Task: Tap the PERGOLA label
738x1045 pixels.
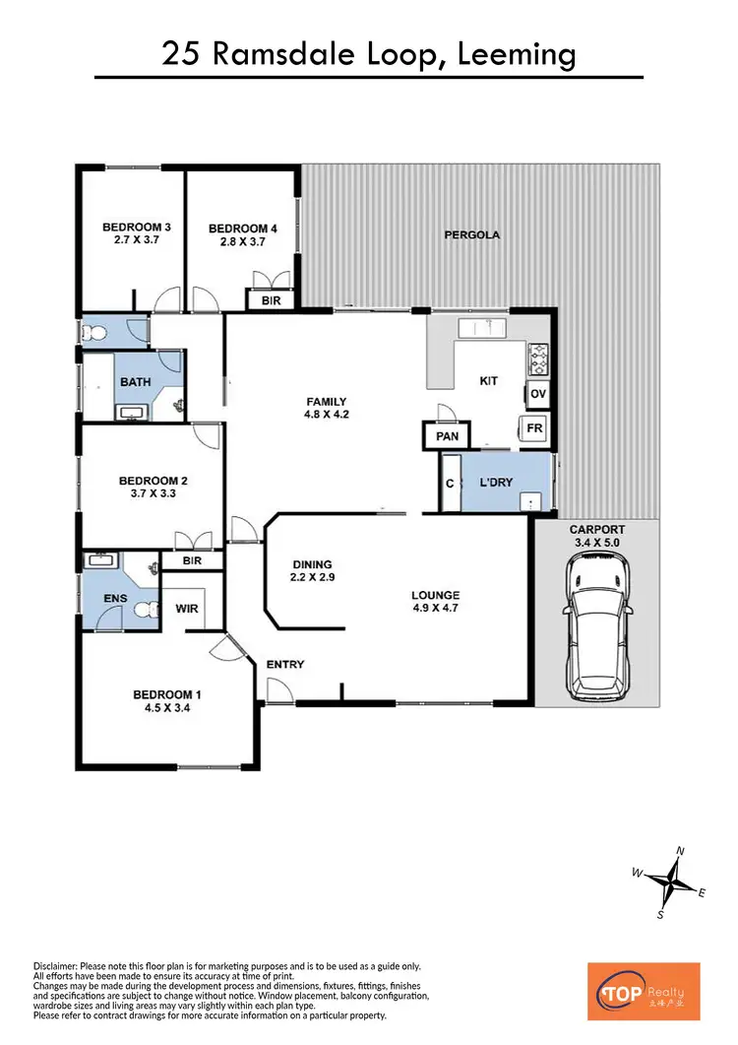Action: pyautogui.click(x=471, y=235)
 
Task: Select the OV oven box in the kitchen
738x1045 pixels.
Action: pyautogui.click(x=537, y=394)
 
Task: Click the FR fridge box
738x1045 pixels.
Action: pyautogui.click(x=534, y=428)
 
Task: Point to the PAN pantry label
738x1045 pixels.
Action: pyautogui.click(x=447, y=435)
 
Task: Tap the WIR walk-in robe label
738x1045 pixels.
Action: pyautogui.click(x=187, y=609)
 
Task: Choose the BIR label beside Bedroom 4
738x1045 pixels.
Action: pyautogui.click(x=270, y=300)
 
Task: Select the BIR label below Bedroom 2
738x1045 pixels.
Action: pyautogui.click(x=193, y=560)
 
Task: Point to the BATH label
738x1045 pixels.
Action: pyautogui.click(x=134, y=381)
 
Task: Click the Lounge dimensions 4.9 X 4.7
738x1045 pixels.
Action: pyautogui.click(x=435, y=609)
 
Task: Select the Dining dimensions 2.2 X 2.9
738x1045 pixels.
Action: pyautogui.click(x=314, y=578)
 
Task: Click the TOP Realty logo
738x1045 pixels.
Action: pyautogui.click(x=643, y=991)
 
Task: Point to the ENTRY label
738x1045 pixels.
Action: pyautogui.click(x=285, y=665)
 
